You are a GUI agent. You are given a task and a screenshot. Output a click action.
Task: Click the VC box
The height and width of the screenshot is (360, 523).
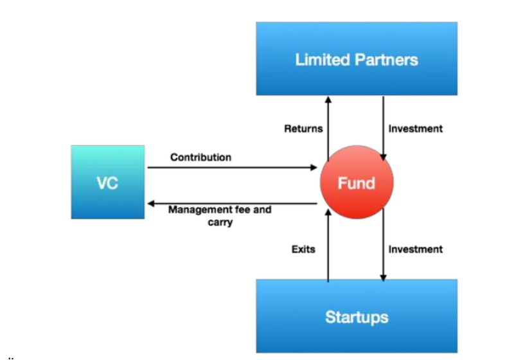click(108, 182)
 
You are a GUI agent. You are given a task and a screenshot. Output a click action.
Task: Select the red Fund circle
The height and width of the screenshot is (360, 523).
click(357, 182)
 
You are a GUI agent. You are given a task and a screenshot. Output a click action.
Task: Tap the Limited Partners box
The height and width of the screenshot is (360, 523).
click(357, 59)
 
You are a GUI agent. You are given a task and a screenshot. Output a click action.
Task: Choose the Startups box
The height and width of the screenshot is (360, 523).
click(357, 316)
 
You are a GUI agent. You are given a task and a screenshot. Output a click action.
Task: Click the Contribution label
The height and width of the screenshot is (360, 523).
click(201, 157)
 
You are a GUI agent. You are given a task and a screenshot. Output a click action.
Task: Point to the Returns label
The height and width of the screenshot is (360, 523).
click(303, 129)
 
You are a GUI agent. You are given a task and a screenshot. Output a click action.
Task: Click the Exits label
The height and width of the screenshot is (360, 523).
click(303, 249)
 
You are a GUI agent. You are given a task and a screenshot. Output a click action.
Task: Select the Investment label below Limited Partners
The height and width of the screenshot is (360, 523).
click(416, 129)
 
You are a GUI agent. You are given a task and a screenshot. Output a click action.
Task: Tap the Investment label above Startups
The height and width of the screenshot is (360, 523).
click(416, 249)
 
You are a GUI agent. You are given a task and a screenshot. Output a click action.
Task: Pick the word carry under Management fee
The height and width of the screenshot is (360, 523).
click(220, 222)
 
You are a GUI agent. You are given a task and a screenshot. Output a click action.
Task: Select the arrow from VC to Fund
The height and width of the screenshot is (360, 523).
click(232, 167)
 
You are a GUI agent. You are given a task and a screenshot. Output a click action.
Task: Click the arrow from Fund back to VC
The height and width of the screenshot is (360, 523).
click(232, 203)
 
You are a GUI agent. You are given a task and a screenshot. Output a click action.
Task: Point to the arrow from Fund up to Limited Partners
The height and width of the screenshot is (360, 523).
click(328, 129)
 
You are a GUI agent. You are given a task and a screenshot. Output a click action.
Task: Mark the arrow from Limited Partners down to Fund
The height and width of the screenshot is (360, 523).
click(383, 129)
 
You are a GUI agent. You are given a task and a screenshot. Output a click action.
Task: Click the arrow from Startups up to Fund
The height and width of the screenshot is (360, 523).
click(328, 245)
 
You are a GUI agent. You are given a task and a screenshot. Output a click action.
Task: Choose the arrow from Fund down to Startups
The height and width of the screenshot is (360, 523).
click(383, 244)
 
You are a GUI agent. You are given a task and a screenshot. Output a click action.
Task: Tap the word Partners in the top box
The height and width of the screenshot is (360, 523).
click(386, 60)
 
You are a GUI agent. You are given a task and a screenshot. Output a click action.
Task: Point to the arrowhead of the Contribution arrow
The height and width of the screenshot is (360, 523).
click(314, 167)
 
